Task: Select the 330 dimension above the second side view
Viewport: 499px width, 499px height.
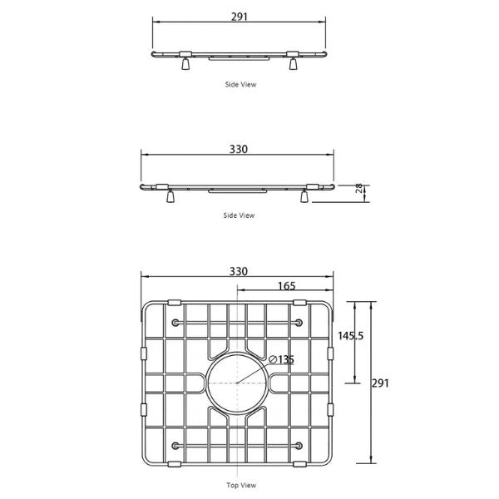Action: [239, 150]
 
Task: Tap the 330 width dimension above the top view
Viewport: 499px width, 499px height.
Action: [239, 272]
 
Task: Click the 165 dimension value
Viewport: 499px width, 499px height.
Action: [285, 286]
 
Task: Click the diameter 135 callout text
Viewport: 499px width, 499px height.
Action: [282, 359]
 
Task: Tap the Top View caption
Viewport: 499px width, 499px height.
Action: [241, 485]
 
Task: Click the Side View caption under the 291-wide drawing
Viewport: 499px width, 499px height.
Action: [240, 84]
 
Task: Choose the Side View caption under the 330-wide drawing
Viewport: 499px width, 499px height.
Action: [239, 215]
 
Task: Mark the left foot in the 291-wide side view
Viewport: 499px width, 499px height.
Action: [185, 64]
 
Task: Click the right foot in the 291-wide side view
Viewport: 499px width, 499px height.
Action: [294, 64]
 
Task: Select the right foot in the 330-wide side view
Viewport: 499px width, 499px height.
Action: [305, 196]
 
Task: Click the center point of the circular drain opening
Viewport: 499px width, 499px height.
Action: [238, 383]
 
